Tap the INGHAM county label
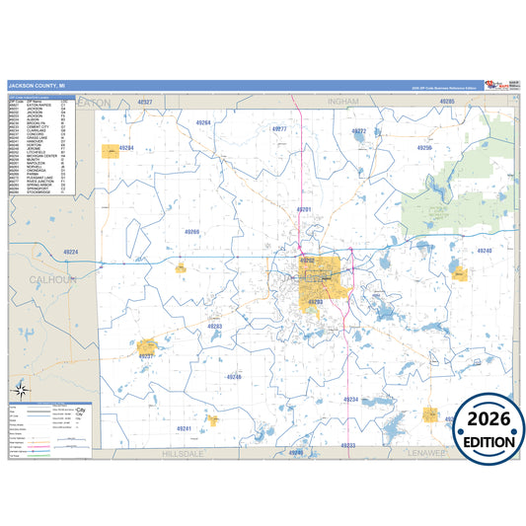(343, 102)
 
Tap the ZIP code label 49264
(203, 122)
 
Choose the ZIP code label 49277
(279, 129)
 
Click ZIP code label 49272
(359, 130)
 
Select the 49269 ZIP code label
(191, 232)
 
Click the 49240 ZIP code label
(484, 252)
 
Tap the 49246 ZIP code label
(233, 377)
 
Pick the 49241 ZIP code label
(184, 428)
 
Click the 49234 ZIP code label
(350, 399)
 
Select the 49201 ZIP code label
(304, 210)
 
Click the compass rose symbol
(22, 390)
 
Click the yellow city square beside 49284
(111, 151)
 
